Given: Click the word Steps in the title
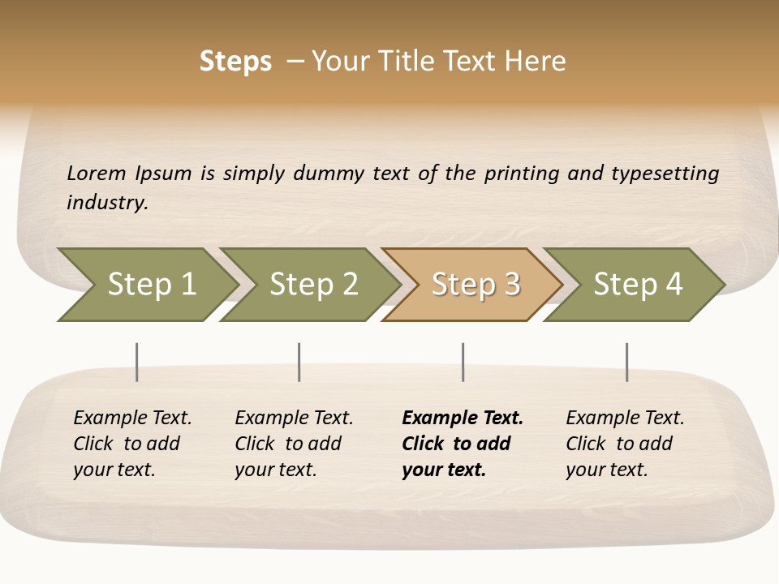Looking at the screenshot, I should [235, 62].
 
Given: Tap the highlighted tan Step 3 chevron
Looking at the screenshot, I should [476, 285].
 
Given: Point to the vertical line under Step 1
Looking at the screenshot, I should [137, 362].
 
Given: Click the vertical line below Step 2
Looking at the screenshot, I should [299, 362].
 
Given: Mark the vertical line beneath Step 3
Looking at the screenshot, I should [463, 362].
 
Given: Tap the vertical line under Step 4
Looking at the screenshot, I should [627, 362].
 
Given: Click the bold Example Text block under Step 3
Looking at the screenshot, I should [463, 444].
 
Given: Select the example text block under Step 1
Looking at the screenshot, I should [132, 444].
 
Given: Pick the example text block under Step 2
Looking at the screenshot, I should [294, 444].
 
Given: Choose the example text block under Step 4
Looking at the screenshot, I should [625, 444].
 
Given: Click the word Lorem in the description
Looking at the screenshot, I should [97, 174].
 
